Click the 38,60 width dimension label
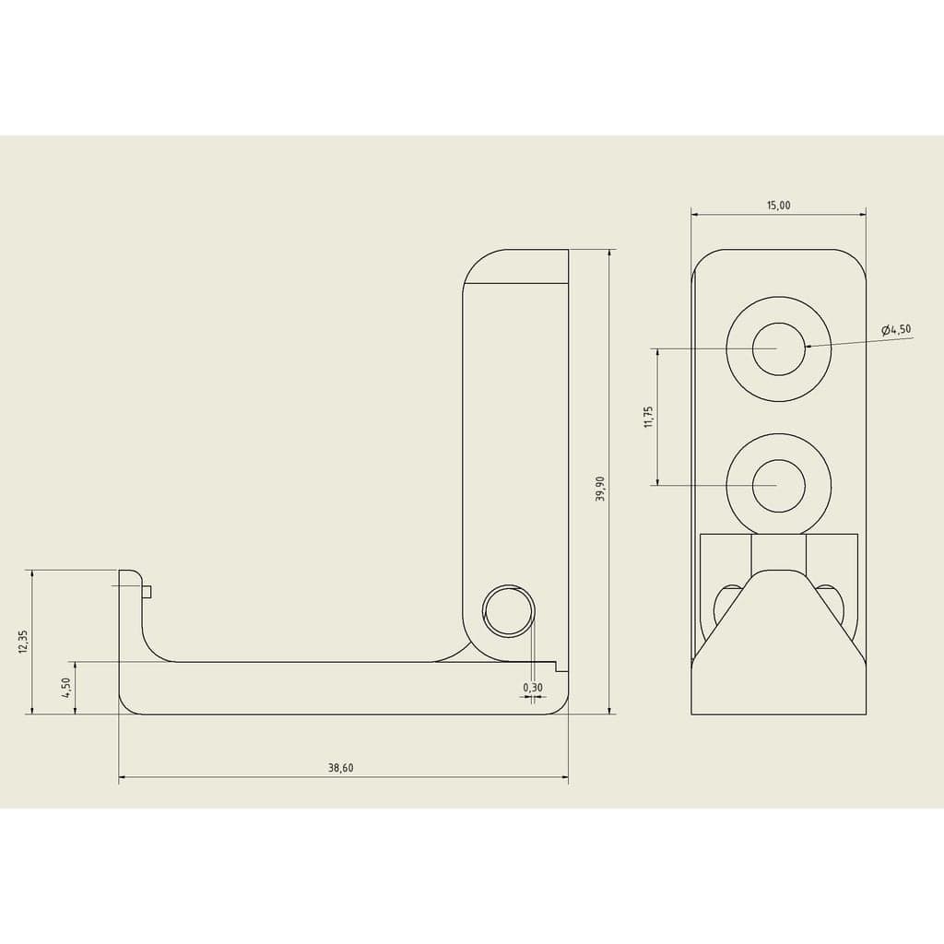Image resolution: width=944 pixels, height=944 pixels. tap(341, 768)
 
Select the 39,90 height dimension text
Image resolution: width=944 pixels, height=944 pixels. tap(599, 489)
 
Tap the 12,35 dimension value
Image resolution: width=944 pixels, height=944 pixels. tap(23, 642)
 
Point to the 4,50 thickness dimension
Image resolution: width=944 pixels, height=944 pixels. tap(65, 688)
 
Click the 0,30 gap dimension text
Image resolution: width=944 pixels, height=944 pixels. tap(533, 688)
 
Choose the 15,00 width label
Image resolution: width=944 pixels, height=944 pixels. tap(778, 206)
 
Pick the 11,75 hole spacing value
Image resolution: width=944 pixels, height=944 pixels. tap(648, 417)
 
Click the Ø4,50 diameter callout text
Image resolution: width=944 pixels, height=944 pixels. tap(896, 329)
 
